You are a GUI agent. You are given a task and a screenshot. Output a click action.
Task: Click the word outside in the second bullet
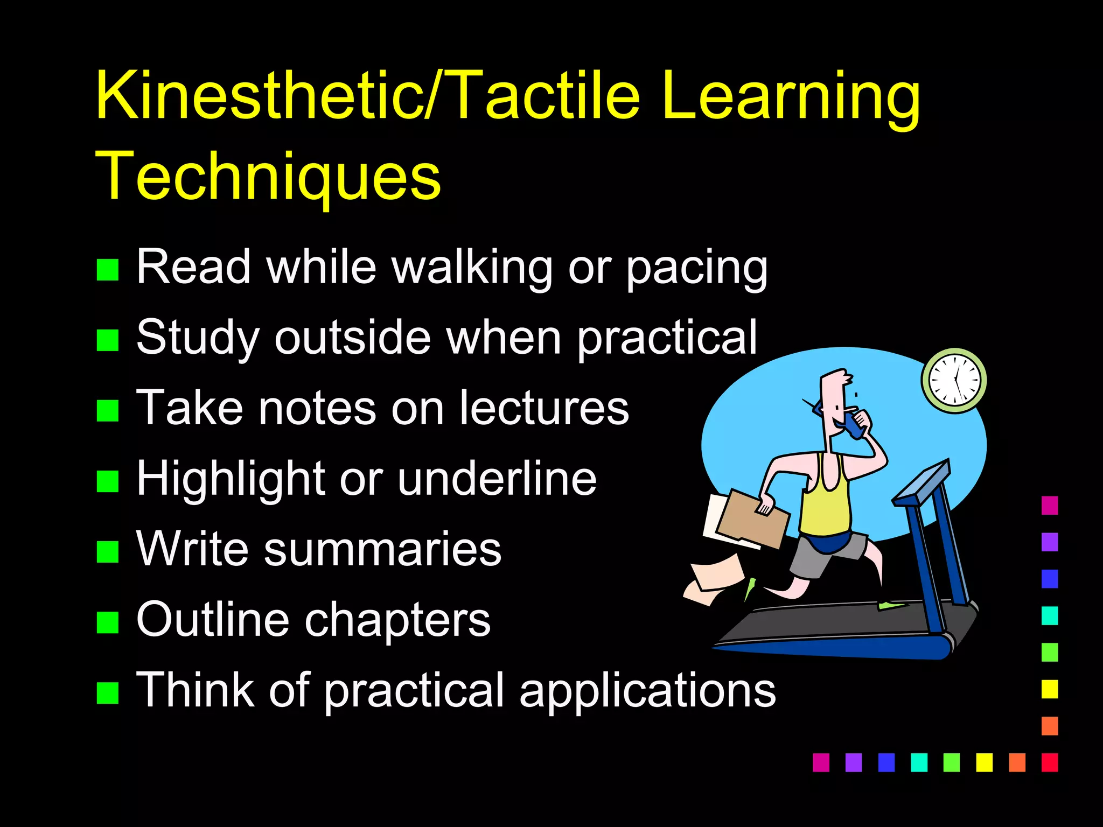353,338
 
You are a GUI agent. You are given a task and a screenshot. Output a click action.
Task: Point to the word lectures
544,408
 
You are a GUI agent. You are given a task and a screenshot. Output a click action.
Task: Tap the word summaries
382,549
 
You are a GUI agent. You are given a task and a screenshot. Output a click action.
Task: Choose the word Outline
213,620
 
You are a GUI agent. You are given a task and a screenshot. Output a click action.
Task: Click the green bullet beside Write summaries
108,551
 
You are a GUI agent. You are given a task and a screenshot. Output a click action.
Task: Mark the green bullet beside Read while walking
108,270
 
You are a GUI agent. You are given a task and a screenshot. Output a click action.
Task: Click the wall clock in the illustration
954,380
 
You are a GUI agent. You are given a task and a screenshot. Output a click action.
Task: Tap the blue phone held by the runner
853,425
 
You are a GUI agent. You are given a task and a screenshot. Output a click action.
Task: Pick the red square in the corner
1050,762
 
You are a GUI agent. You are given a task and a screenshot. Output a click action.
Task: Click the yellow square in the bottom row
985,762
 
